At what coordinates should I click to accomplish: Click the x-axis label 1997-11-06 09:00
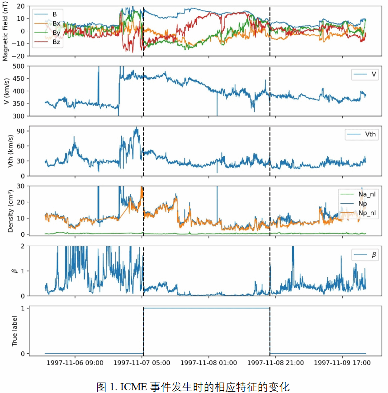pyautogui.click(x=74, y=362)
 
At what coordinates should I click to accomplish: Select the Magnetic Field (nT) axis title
pyautogui.click(x=5, y=31)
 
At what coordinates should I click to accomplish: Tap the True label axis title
pyautogui.click(x=14, y=331)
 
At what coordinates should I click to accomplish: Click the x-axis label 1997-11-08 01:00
pyautogui.click(x=208, y=362)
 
